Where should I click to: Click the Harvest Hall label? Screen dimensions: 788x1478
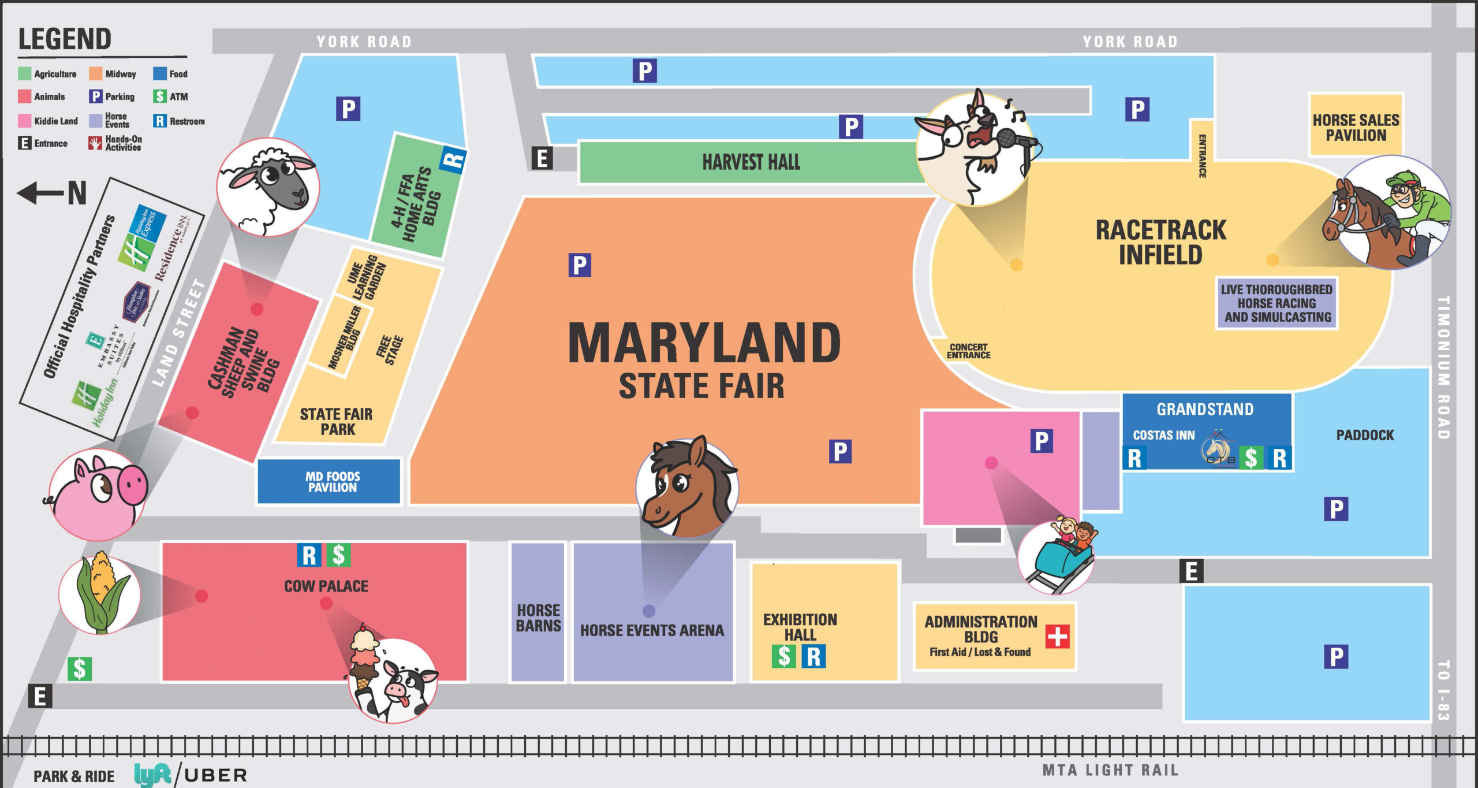(x=751, y=162)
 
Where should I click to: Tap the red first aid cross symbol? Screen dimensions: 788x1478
(x=1057, y=637)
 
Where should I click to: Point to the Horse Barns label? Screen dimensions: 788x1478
(x=538, y=618)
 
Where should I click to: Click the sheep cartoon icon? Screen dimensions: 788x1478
(x=268, y=186)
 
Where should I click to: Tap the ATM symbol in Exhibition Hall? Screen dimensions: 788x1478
(x=783, y=656)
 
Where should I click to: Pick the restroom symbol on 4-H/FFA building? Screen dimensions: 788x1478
(x=453, y=159)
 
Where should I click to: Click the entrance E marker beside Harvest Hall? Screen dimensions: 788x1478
(x=542, y=158)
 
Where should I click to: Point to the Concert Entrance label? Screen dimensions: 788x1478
(x=968, y=351)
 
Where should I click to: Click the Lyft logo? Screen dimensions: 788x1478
(x=153, y=775)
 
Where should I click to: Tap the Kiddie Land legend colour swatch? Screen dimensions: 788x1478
(x=24, y=121)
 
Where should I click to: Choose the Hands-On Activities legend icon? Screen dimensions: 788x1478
(x=95, y=143)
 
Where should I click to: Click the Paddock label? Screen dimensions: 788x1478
(x=1365, y=435)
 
